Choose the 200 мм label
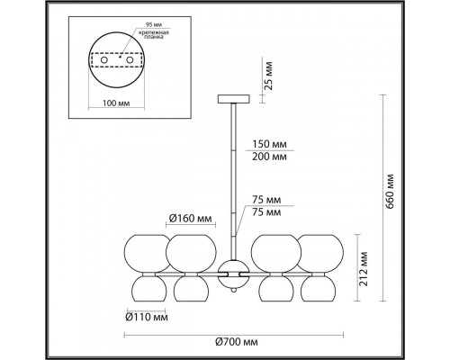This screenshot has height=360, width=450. (x=269, y=156)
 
